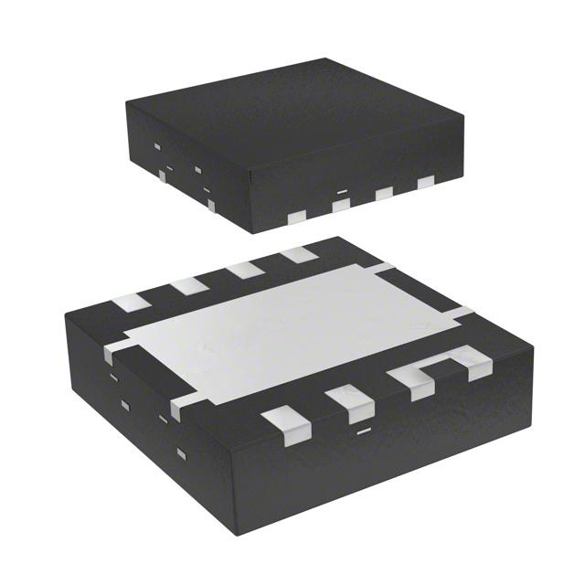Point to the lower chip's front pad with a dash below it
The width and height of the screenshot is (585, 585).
point(348,403)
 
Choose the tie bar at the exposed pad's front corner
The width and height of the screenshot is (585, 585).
point(179,408)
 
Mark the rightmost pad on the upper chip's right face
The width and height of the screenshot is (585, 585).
point(425,183)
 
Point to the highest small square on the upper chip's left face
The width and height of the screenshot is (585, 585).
point(157,146)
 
